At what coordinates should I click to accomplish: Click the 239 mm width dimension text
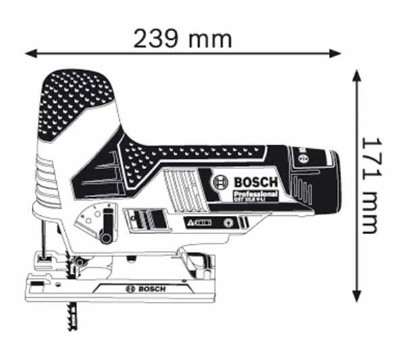pos(183,39)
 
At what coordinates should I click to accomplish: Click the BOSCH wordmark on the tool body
pos(255,182)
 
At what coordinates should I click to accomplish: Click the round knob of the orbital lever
pos(105,237)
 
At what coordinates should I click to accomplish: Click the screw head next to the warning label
pos(229,222)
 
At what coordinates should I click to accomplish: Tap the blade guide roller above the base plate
pos(80,261)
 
